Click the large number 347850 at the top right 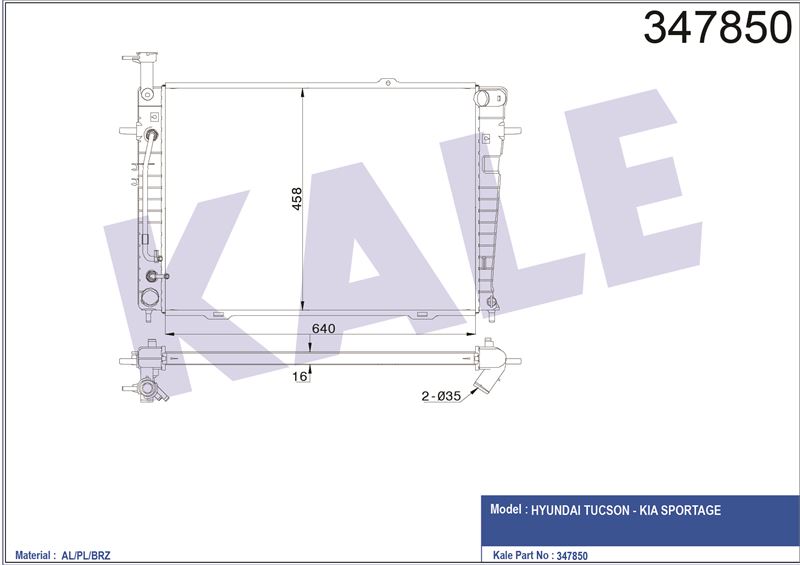717,28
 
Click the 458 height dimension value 296,199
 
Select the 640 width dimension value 323,328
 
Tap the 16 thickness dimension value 300,376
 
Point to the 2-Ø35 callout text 441,396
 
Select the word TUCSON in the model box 606,510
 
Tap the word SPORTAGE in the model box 691,510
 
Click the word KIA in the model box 649,510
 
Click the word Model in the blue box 506,509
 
